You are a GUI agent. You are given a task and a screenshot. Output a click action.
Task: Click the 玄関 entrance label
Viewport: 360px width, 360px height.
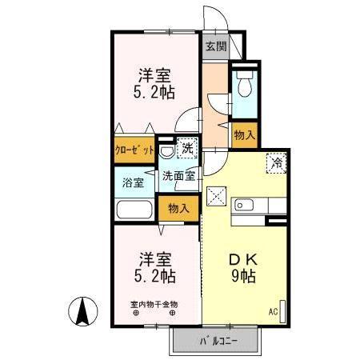tap(214, 46)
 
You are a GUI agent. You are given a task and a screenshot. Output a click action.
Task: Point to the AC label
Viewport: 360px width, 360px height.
tap(272, 311)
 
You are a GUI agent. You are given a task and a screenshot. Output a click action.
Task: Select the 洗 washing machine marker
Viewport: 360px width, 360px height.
tap(186, 147)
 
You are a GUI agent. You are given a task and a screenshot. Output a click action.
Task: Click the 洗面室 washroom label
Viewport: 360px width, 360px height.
tap(178, 176)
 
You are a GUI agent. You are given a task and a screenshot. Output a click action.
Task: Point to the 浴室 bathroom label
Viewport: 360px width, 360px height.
tap(132, 182)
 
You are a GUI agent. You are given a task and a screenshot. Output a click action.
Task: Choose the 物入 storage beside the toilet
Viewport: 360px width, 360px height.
tap(244, 136)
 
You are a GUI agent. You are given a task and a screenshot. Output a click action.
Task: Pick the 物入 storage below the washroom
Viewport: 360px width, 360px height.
tap(179, 209)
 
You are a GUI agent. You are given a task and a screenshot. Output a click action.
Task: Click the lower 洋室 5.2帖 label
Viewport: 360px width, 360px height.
tap(155, 268)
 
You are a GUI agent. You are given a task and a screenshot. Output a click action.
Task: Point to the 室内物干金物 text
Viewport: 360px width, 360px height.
tap(154, 303)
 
